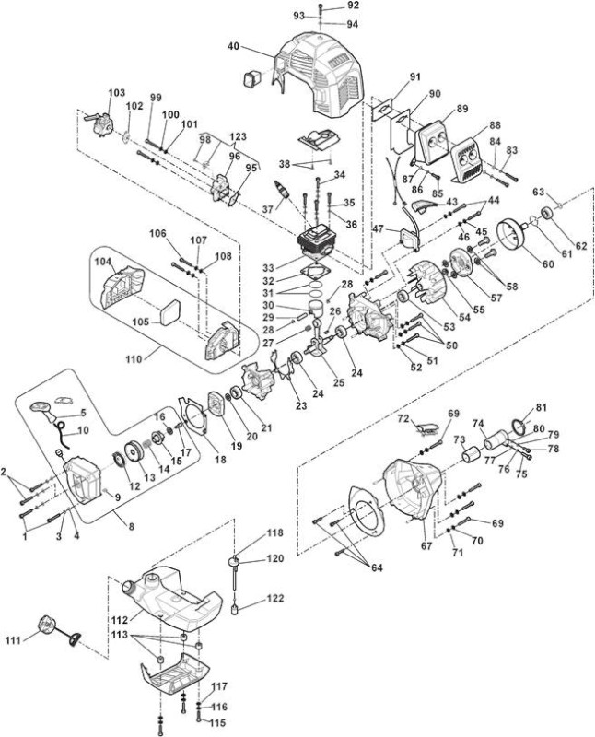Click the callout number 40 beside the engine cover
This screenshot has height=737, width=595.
234,46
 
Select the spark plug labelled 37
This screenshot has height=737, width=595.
283,191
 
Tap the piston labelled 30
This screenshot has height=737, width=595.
319,309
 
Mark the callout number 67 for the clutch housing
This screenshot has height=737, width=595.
426,545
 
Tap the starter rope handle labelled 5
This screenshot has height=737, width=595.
43,409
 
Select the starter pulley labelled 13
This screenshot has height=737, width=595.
136,453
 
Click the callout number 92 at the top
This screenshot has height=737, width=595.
353,6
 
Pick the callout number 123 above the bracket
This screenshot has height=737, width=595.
238,137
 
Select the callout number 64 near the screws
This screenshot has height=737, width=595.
377,567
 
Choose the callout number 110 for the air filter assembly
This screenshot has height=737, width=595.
134,359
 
